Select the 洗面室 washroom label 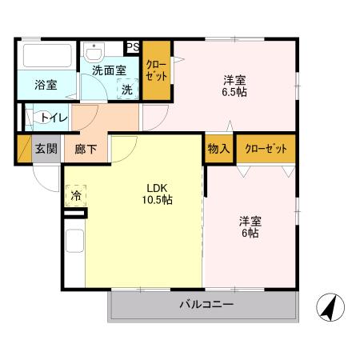109,70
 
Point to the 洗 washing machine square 126,90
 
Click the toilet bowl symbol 35,118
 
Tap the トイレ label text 54,118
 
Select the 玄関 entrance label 46,150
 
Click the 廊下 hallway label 86,150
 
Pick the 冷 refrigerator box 76,195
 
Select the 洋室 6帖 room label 250,226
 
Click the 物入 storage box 218,149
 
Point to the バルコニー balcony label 205,306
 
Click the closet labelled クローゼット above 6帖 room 265,149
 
